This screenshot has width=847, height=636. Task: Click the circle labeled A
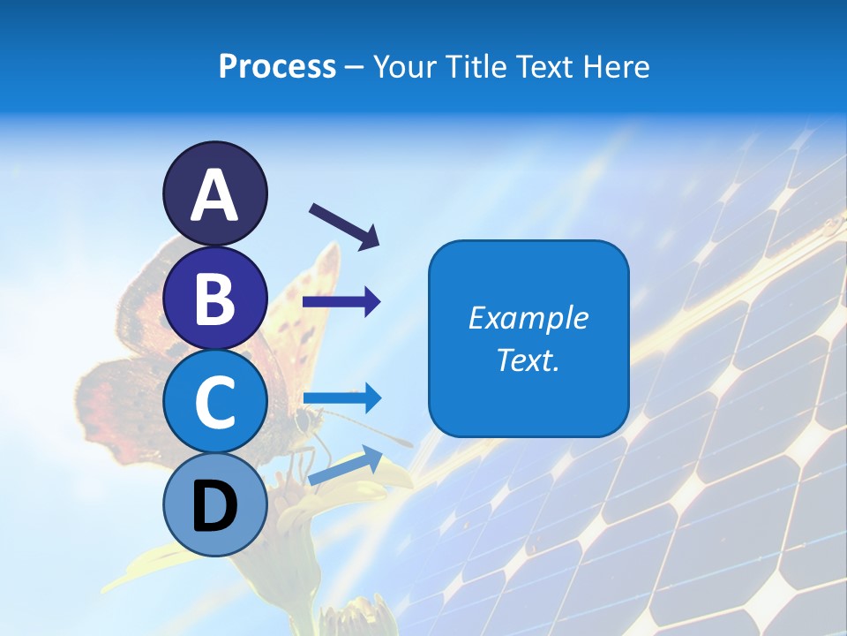(x=215, y=193)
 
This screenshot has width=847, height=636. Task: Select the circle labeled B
(x=215, y=298)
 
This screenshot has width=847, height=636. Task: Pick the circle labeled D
(x=215, y=504)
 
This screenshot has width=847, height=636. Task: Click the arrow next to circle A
(x=344, y=225)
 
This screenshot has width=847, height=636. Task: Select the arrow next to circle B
(x=341, y=303)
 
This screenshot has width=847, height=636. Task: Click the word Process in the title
(x=277, y=66)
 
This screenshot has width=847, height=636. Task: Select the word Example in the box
(x=528, y=318)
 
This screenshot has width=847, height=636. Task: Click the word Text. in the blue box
(x=528, y=360)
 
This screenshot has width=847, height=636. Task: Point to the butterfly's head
(x=305, y=419)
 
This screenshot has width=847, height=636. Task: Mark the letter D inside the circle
(x=215, y=505)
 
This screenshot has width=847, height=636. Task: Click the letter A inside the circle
(x=215, y=195)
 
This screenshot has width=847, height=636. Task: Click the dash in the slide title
(x=355, y=67)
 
